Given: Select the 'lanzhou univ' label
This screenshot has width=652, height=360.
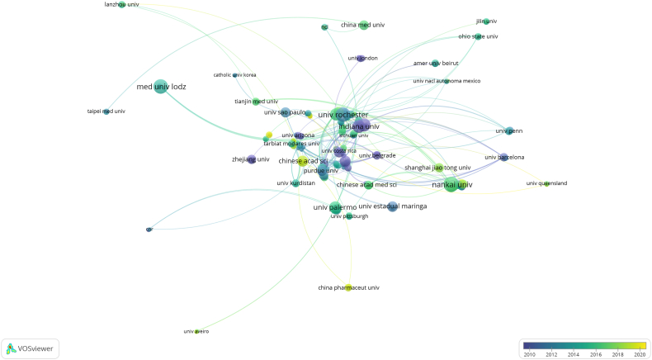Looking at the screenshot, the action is click(121, 5).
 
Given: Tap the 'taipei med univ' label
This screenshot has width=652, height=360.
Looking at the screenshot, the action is click(106, 111).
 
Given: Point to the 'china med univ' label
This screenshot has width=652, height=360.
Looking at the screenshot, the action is click(363, 26).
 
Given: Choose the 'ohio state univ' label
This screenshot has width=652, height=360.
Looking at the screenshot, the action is click(479, 36).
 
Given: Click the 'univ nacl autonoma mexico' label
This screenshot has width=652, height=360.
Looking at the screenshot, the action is click(446, 81).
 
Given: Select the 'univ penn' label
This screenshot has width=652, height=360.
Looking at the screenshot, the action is click(509, 130).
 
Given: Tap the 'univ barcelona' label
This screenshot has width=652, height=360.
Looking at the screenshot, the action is click(504, 157).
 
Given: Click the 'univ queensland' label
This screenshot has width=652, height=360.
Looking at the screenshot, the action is click(546, 183).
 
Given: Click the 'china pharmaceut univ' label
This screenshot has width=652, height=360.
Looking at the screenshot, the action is click(348, 287).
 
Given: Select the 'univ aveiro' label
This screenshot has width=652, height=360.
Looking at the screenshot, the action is click(196, 331).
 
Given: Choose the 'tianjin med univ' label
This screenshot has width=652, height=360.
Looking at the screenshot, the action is click(256, 102).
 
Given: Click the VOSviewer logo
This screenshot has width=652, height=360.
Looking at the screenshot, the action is click(30, 348).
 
